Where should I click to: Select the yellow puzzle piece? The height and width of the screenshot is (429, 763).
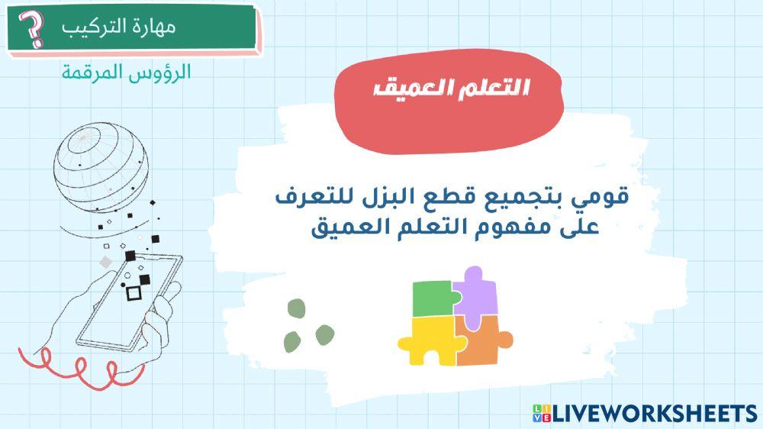tap(426, 339)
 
